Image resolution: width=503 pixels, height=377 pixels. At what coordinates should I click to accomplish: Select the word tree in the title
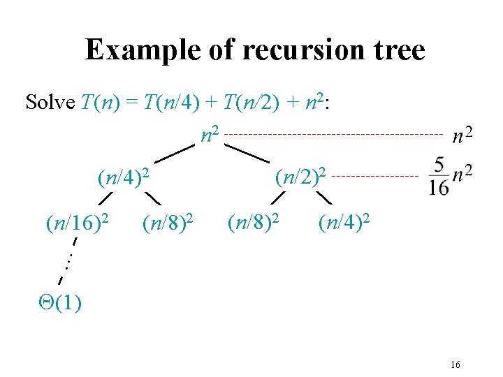point(399,50)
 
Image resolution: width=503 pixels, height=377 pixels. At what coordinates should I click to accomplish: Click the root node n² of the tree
point(207,133)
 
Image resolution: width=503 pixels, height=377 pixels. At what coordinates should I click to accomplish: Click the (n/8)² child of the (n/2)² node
point(254,223)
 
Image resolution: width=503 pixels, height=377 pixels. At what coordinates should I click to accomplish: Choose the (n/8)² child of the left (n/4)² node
point(167,223)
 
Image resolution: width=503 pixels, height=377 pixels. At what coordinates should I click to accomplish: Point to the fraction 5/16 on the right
point(438,176)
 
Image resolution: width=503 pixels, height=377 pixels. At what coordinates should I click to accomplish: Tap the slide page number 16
point(455,364)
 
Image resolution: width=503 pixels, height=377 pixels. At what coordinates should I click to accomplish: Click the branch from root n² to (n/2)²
point(247,153)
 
